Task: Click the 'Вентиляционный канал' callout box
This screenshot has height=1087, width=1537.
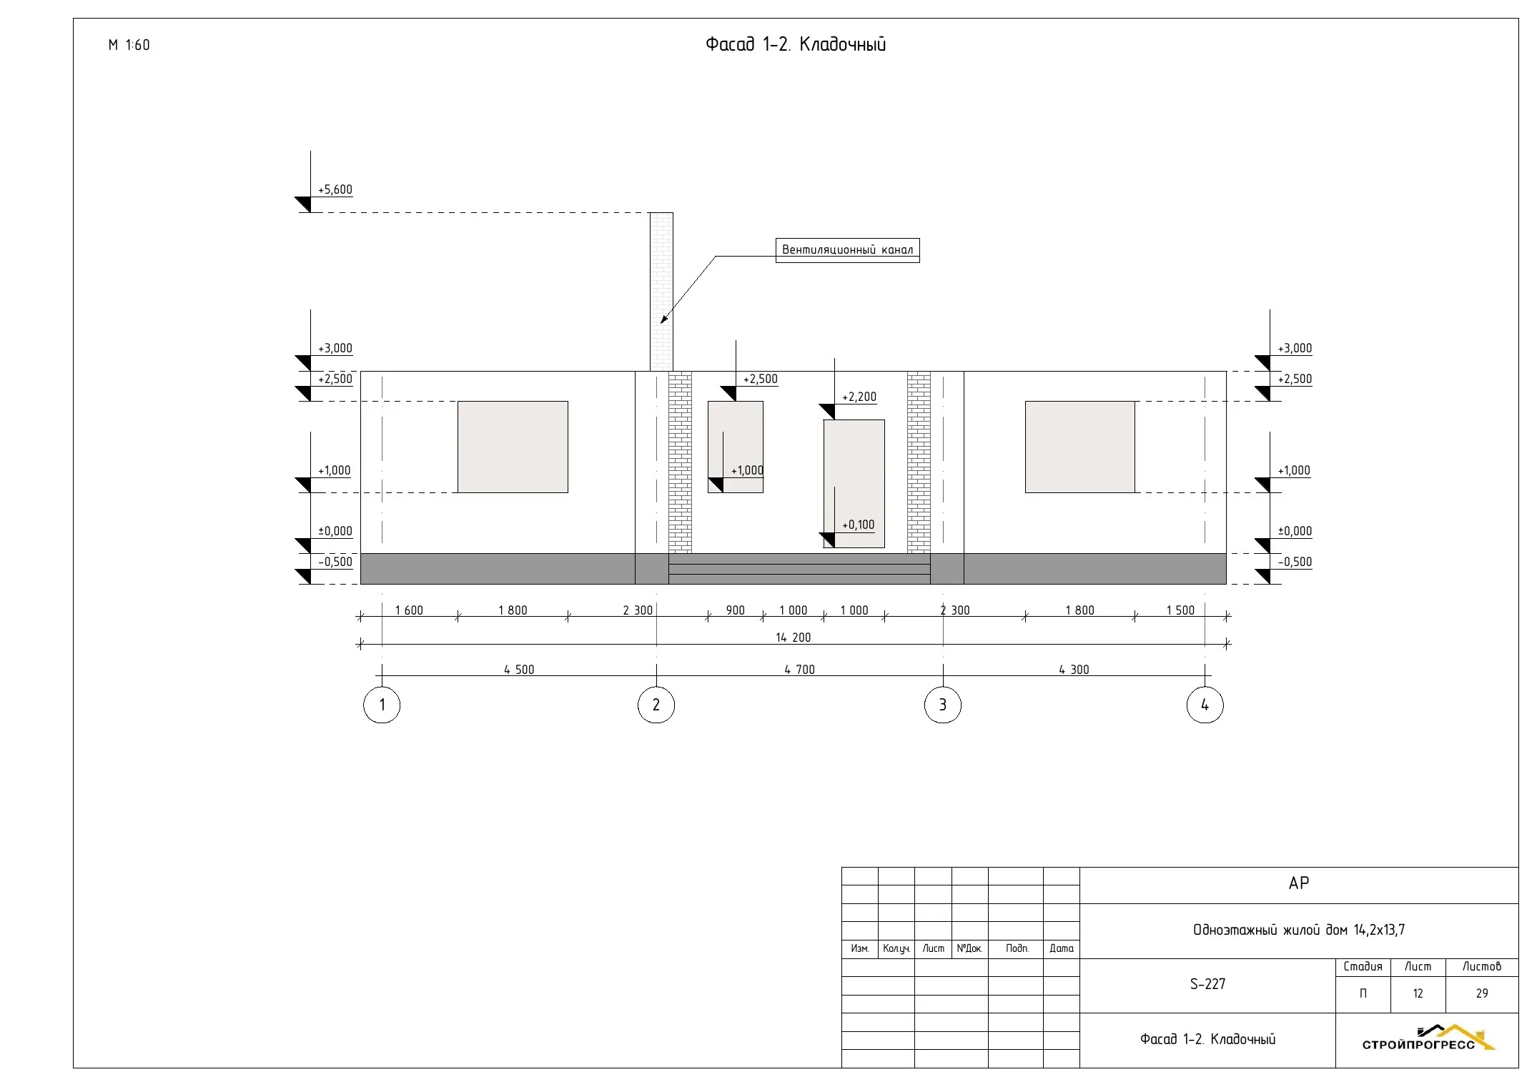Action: [x=847, y=250]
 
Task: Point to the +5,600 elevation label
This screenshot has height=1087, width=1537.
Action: [x=335, y=189]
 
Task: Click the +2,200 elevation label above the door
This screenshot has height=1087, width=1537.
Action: [x=859, y=397]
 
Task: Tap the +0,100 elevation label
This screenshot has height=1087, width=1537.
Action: [x=858, y=525]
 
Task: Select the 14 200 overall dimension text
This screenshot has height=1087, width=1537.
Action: [x=793, y=637]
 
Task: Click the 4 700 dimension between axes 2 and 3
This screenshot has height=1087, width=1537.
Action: [x=799, y=670]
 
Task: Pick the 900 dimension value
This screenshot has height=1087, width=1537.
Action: [x=735, y=610]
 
